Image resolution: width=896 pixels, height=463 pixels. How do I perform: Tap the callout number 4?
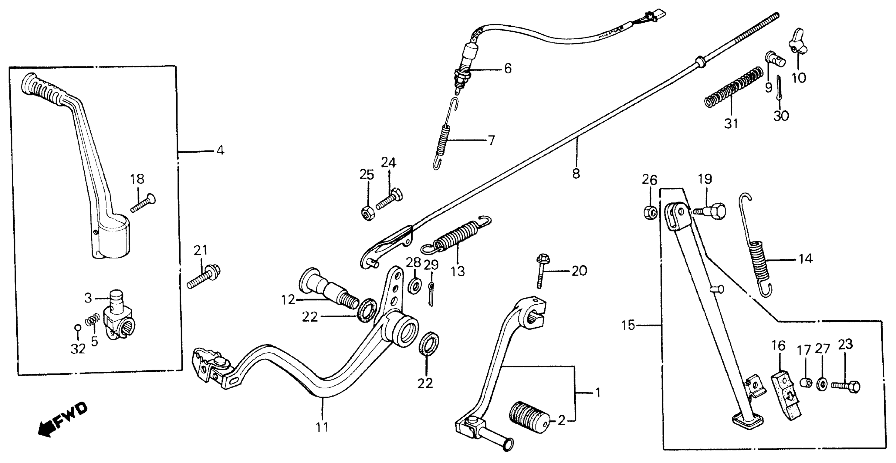pos(220,151)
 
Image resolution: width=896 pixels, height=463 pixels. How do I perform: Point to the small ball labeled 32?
pos(78,327)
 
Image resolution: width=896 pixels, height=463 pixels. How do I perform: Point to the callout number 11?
pos(322,427)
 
